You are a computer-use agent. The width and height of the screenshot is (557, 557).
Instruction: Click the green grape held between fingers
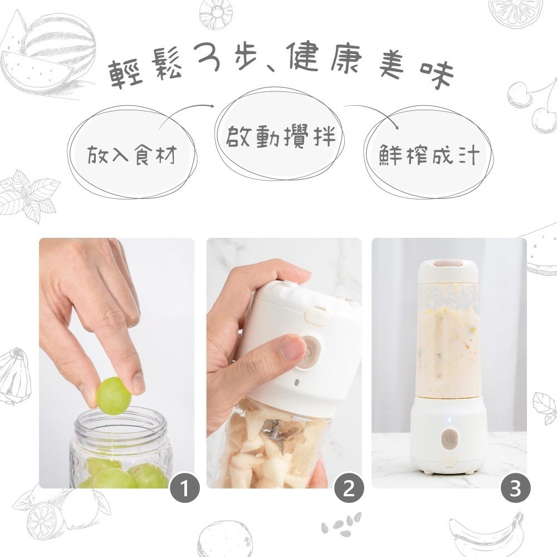pyautogui.click(x=114, y=395)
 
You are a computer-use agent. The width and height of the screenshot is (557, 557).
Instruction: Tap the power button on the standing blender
pyautogui.click(x=448, y=439)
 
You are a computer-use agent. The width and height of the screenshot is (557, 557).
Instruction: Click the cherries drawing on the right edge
pyautogui.click(x=532, y=106)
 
